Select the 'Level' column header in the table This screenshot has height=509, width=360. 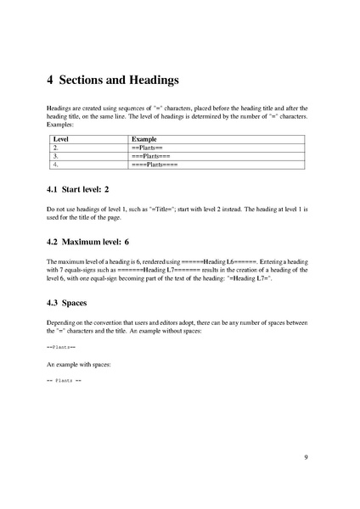61,138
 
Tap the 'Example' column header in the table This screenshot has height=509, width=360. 144,138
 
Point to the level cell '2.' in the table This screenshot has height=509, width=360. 56,148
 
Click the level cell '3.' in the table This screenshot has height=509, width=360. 56,156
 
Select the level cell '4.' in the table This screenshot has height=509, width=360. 56,165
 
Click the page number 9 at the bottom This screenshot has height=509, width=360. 306,458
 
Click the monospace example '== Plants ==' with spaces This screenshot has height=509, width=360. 65,381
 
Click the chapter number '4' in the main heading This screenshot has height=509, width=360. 50,81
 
